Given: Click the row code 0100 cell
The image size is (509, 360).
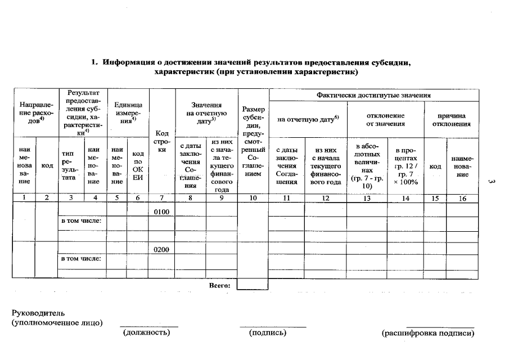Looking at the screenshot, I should click(x=161, y=211).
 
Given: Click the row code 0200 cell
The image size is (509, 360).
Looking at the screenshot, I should click(x=161, y=249).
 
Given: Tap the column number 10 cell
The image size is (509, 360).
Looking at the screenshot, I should click(x=253, y=197).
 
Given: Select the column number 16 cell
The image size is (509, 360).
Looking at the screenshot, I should click(x=463, y=197).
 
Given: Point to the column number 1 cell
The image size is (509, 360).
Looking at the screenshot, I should click(x=24, y=197).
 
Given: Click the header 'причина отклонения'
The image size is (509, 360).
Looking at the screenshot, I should click(x=451, y=119).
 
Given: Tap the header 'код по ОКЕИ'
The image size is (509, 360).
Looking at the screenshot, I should click(x=137, y=165).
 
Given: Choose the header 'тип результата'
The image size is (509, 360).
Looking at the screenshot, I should click(x=70, y=165).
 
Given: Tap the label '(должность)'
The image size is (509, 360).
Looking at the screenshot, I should click(x=146, y=333).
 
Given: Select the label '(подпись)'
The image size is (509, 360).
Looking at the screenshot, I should click(x=268, y=333).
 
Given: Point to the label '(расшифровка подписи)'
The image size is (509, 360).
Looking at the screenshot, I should click(x=428, y=333).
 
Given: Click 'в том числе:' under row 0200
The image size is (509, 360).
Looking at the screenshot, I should click(x=81, y=259).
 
